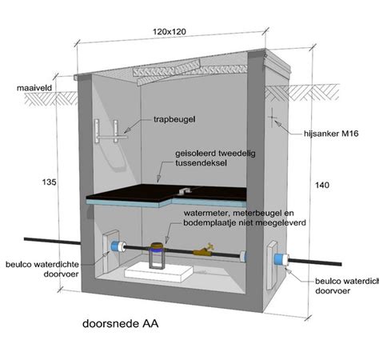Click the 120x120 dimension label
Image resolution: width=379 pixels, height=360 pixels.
(x=170, y=32)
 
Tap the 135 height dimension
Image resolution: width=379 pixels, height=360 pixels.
(x=50, y=182)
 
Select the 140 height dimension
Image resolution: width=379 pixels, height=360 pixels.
(x=322, y=185)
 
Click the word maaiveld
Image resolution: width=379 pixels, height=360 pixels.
(x=34, y=88)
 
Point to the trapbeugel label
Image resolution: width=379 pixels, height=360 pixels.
(x=174, y=119)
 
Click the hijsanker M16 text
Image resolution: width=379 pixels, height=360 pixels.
(x=331, y=134)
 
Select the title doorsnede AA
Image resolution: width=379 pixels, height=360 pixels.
(x=121, y=323)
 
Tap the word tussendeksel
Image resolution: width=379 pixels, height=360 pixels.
(x=201, y=162)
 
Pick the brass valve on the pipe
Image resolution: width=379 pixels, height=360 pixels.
(x=204, y=250)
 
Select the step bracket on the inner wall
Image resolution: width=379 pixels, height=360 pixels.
(x=111, y=132)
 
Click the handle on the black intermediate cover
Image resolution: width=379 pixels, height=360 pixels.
(x=185, y=190)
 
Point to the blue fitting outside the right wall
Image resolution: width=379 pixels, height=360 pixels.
(x=281, y=259)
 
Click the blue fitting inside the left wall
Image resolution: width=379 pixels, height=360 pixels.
(x=119, y=246)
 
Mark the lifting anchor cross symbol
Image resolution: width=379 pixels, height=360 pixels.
(x=272, y=118)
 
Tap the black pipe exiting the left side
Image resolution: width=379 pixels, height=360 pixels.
(x=53, y=241)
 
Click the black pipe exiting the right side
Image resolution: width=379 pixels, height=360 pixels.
(x=315, y=262)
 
